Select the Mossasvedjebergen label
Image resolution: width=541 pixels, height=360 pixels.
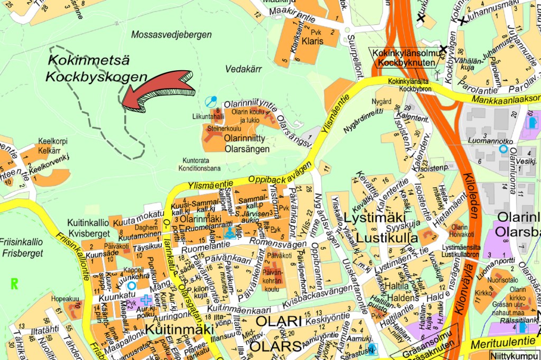coord(171,35)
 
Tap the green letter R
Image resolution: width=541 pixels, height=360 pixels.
coord(14,284)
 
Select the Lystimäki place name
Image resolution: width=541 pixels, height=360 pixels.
coord(374,218)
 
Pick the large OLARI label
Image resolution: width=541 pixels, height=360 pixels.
coord(278,321)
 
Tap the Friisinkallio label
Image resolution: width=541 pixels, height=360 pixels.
coord(22,244)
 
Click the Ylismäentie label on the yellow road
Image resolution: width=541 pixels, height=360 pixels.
coord(210,185)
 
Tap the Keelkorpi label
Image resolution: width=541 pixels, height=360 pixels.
coord(52,142)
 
